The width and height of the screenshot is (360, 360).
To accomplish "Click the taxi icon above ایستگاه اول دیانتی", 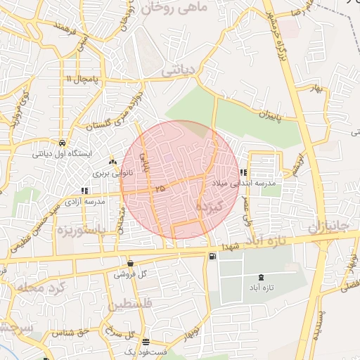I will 63,141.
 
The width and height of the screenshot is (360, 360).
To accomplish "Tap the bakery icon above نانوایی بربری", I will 113,161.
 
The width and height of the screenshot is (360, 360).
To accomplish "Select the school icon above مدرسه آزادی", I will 84,191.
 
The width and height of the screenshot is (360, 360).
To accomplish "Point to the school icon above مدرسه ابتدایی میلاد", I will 243,172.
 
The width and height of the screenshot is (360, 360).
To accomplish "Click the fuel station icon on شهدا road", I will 212,256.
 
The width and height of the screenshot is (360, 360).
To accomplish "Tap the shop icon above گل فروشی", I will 131,264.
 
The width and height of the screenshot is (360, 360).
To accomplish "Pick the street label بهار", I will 321,89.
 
